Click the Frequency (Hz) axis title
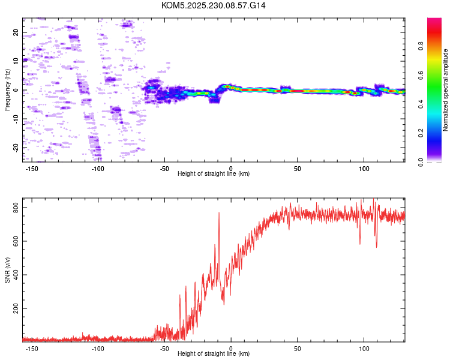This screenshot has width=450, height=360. [7, 90]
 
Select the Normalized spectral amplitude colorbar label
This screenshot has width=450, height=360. [446, 90]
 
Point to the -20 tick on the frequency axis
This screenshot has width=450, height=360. [16, 147]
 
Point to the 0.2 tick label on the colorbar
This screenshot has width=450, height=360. [421, 133]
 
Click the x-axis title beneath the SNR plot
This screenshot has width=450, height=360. [214, 354]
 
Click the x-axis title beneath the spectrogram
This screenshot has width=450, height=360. [214, 174]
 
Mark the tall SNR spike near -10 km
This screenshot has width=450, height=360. [219, 214]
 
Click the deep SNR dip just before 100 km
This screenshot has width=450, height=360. [360, 243]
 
